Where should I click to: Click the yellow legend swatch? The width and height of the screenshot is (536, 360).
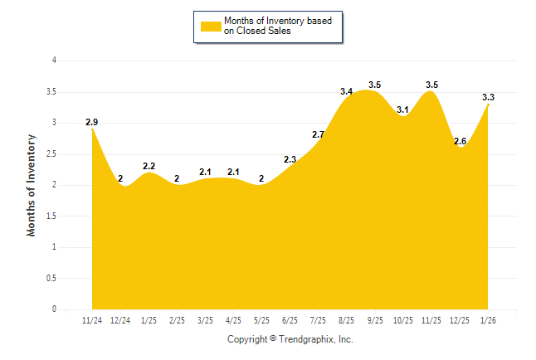tap(210, 26)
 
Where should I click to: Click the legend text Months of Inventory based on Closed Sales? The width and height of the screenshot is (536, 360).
tap(278, 26)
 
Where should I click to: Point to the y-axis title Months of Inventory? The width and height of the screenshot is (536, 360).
tap(32, 185)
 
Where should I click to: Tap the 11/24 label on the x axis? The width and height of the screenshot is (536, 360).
tap(91, 320)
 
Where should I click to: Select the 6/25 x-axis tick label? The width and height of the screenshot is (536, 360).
tap(290, 320)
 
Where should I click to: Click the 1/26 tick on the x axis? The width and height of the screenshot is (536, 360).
tap(489, 320)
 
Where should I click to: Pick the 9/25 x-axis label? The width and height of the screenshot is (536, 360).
tap(375, 320)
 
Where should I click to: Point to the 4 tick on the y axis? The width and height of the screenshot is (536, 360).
tap(54, 61)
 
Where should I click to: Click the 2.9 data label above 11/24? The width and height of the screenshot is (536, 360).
tap(91, 123)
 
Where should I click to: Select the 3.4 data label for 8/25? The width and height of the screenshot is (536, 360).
tap(347, 91)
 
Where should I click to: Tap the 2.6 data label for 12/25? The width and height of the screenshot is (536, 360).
tap(460, 141)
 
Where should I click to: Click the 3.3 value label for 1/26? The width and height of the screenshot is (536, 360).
tap(489, 98)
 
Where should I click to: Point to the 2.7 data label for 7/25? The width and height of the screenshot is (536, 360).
tap(319, 134)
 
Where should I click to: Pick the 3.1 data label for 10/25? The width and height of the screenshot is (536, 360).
tap(403, 109)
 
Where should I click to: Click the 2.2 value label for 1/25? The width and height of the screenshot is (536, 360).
tap(149, 166)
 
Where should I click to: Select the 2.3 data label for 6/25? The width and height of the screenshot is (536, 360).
tap(290, 159)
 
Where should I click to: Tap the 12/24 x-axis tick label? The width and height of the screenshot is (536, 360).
tap(120, 320)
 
